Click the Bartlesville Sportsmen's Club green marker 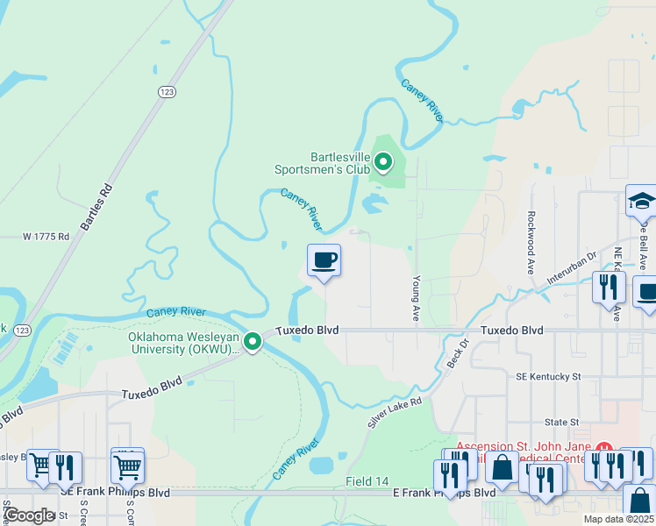coord(382,161)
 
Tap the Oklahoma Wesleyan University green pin coord(253,341)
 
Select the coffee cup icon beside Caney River coord(324,260)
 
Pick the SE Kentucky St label coord(548,376)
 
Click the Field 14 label coord(367,481)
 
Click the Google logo coord(29,515)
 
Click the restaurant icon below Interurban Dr coord(607,287)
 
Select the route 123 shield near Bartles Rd coord(167,91)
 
